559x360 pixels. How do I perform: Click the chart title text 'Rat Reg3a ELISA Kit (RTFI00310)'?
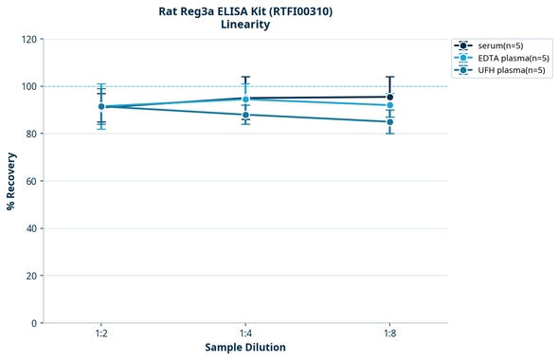[x=245, y=11]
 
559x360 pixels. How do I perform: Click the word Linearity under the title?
[x=245, y=26]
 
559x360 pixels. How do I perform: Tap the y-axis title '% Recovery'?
[x=11, y=180]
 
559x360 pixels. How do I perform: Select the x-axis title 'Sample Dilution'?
[x=245, y=348]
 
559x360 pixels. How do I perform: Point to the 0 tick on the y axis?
[x=34, y=323]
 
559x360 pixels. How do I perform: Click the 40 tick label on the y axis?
[x=31, y=228]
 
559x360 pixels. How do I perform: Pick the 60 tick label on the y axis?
[x=31, y=181]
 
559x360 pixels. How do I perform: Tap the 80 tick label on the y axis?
[x=31, y=134]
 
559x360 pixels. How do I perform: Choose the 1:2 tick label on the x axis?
[x=101, y=333]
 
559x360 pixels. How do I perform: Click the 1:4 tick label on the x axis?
[x=245, y=333]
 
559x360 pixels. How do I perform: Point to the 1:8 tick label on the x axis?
[x=389, y=333]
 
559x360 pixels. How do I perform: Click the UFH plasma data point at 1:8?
[x=389, y=121]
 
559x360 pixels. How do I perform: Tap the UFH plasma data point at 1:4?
[x=245, y=115]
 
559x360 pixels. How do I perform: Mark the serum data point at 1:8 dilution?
[x=389, y=97]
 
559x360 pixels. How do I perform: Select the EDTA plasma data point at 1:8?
[x=389, y=105]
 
